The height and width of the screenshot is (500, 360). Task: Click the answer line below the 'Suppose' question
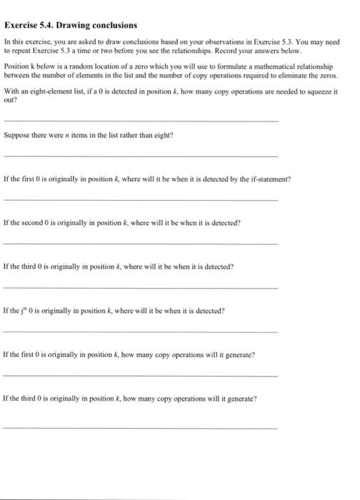[x=141, y=156]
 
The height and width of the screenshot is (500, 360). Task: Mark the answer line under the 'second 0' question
[x=141, y=244]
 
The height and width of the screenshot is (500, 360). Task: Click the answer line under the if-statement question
[x=141, y=200]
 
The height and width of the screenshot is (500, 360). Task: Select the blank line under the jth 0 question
[x=141, y=331]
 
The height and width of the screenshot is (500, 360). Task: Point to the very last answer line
[x=141, y=427]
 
